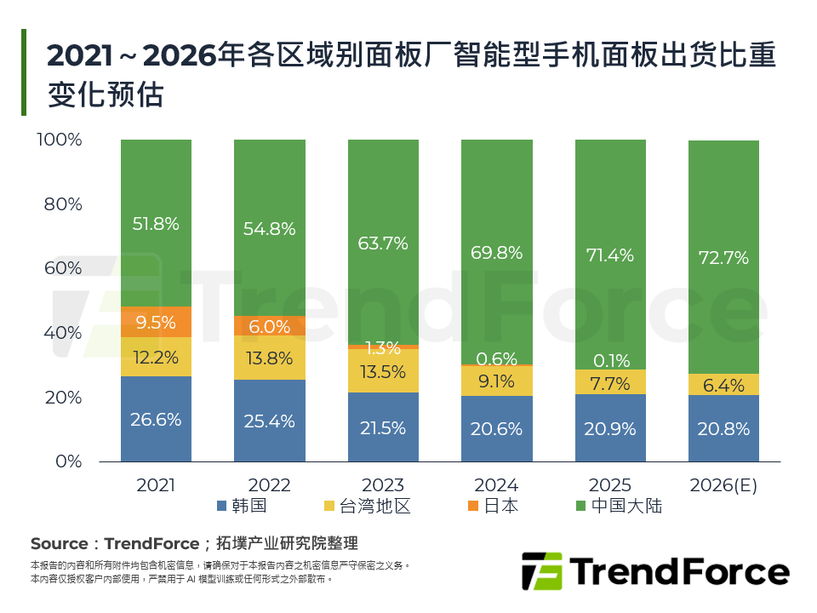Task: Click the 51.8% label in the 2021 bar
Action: point(156,224)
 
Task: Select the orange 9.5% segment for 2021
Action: point(156,322)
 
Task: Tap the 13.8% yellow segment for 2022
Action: point(269,358)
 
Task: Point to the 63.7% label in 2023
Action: point(383,243)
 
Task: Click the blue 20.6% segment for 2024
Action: point(496,429)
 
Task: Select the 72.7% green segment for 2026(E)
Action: point(723,257)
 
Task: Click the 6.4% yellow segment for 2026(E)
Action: point(723,385)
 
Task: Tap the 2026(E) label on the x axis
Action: point(723,485)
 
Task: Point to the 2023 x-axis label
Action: point(383,485)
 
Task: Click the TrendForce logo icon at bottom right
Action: point(541,571)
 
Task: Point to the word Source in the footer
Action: point(59,543)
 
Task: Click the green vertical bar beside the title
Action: point(24,72)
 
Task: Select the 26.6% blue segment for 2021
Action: point(156,419)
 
